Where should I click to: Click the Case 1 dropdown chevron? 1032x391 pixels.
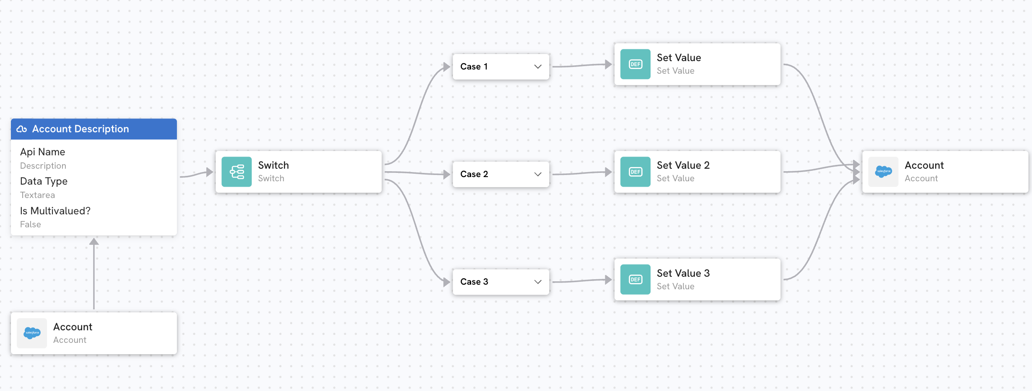click(538, 67)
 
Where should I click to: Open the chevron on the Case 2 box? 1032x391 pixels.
click(538, 174)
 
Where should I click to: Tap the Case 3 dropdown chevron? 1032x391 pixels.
click(538, 282)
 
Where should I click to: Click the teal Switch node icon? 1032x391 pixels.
click(236, 172)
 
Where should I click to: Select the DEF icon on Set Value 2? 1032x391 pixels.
click(635, 172)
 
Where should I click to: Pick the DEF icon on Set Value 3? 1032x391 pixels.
click(635, 279)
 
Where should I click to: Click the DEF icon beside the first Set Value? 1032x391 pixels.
click(635, 64)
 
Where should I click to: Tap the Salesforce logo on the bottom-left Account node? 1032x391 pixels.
click(32, 333)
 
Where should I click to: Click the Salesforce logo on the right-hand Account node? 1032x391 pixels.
click(883, 171)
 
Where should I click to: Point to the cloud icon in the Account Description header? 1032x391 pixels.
click(22, 129)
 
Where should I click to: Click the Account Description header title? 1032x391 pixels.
click(80, 129)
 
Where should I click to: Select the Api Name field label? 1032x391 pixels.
click(43, 152)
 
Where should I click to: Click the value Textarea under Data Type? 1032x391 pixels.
click(37, 195)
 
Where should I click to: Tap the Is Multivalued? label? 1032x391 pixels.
click(55, 211)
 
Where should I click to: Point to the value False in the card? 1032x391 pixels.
click(31, 224)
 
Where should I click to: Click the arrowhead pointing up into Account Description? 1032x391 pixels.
click(94, 242)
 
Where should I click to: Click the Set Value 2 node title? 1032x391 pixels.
click(683, 165)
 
